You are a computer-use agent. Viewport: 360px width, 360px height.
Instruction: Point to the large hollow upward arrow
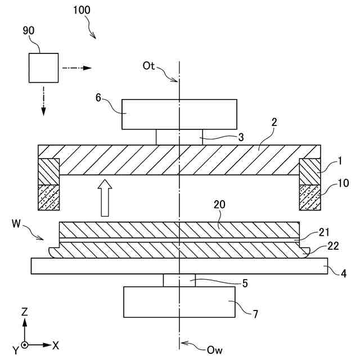(104, 197)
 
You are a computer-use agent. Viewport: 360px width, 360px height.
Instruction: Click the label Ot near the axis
(148, 66)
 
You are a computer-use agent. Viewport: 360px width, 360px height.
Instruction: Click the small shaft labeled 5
(179, 280)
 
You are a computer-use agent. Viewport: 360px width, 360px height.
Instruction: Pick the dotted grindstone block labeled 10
(309, 197)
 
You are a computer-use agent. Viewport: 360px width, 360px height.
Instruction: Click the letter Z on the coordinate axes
(25, 311)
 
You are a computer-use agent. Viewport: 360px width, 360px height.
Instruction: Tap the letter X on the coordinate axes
(56, 344)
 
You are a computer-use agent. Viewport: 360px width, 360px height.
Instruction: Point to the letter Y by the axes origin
(16, 350)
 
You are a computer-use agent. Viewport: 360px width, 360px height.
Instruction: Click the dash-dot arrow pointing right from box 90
(76, 68)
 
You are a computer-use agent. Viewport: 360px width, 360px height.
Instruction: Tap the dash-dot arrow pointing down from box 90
(43, 99)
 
